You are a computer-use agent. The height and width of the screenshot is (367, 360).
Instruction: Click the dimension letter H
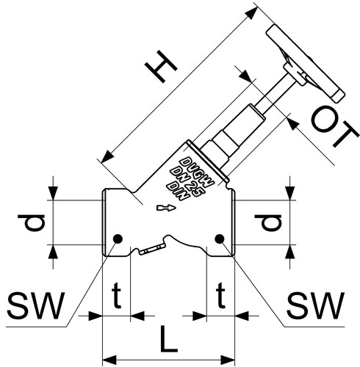[x=161, y=66]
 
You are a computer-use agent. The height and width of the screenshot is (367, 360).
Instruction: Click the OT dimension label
[x=335, y=127]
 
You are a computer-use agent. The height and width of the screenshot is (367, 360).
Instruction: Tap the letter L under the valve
[x=168, y=339]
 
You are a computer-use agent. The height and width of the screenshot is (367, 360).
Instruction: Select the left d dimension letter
[x=31, y=222]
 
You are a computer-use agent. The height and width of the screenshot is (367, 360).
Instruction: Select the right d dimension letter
[x=268, y=222]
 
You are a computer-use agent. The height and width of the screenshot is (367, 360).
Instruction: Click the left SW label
[x=36, y=305]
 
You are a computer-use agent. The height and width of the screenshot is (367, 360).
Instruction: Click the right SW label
[x=315, y=305]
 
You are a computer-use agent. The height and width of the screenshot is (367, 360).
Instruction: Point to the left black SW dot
[x=118, y=239]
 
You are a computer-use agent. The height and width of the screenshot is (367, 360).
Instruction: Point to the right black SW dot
[x=219, y=239]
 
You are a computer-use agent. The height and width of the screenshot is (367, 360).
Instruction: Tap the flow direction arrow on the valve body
[x=166, y=208]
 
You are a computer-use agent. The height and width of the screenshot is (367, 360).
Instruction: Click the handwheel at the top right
[x=306, y=63]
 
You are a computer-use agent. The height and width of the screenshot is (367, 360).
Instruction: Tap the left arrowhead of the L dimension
[x=109, y=360]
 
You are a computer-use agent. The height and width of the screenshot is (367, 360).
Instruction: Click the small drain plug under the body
[x=151, y=250]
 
